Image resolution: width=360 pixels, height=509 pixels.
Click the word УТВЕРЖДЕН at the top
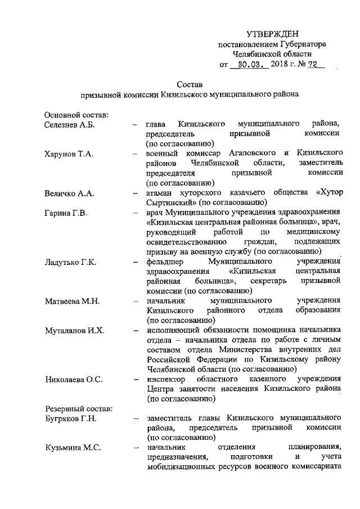[x=273, y=35]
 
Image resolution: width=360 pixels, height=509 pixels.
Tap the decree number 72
[x=313, y=65]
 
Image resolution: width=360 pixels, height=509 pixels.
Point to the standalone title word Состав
[x=188, y=84]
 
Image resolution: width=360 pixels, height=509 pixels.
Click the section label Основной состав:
[x=76, y=115]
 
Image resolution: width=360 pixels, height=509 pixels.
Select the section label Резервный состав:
[x=78, y=407]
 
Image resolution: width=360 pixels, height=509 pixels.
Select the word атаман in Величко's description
[x=159, y=193]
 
